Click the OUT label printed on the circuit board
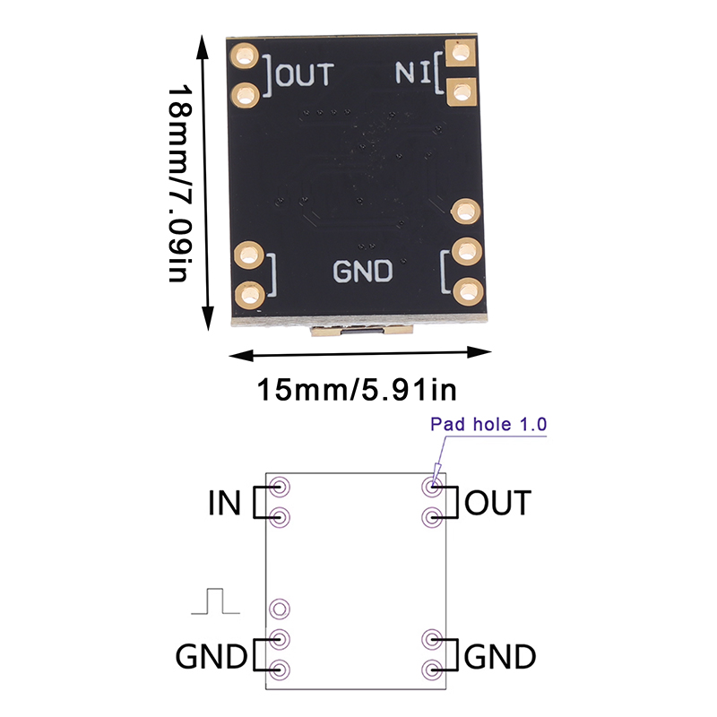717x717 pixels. pos(305,73)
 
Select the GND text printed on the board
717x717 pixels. pos(363,271)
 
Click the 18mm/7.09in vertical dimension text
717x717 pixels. pos(180,183)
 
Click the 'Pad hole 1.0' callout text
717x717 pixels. pos(488,426)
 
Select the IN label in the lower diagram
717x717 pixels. pos(224,503)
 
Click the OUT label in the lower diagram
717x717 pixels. pos(497,503)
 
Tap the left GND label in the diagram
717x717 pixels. pos(212,657)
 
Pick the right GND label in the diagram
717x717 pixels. pos(500,657)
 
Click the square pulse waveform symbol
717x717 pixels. pos(215,601)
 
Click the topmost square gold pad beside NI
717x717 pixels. pos(462,57)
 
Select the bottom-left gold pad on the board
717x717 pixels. pos(248,292)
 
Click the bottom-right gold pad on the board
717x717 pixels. pos(464,290)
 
